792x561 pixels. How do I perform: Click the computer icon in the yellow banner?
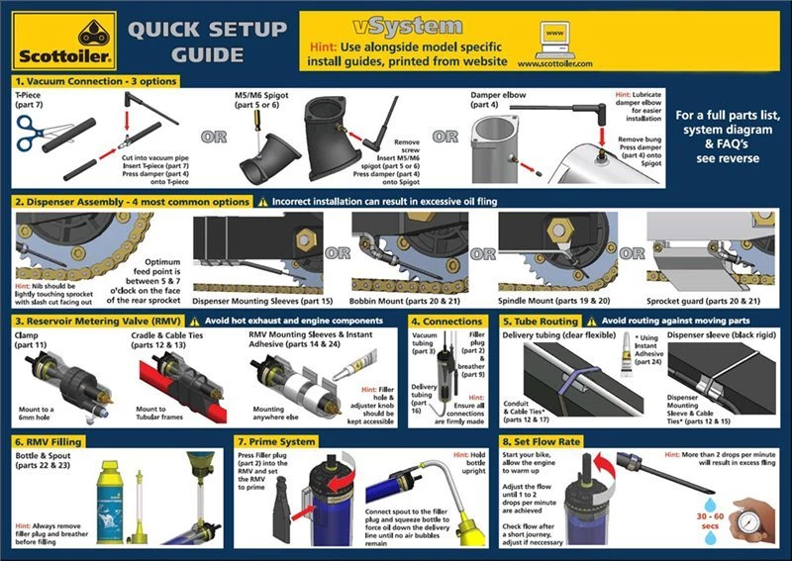coord(555,37)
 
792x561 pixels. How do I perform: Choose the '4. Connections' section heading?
coord(446,322)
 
